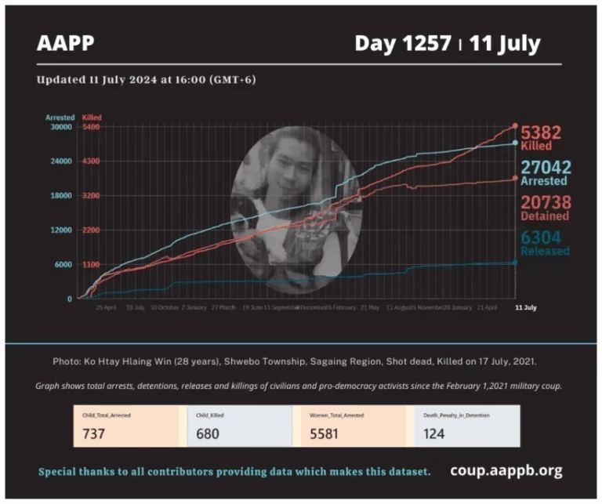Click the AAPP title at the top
pos(65,42)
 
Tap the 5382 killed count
pos(546,133)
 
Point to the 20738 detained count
pos(546,202)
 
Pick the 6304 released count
pos(546,237)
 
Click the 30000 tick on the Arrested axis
pos(60,126)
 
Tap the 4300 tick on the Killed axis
pos(90,161)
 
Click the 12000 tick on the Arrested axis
pos(60,230)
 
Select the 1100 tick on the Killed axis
pos(90,264)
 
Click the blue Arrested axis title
pos(60,117)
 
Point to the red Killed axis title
pos(91,117)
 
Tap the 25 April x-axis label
pos(106,307)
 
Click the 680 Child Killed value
pos(208,433)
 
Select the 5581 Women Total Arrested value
pos(322,433)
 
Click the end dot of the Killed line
pos(515,125)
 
